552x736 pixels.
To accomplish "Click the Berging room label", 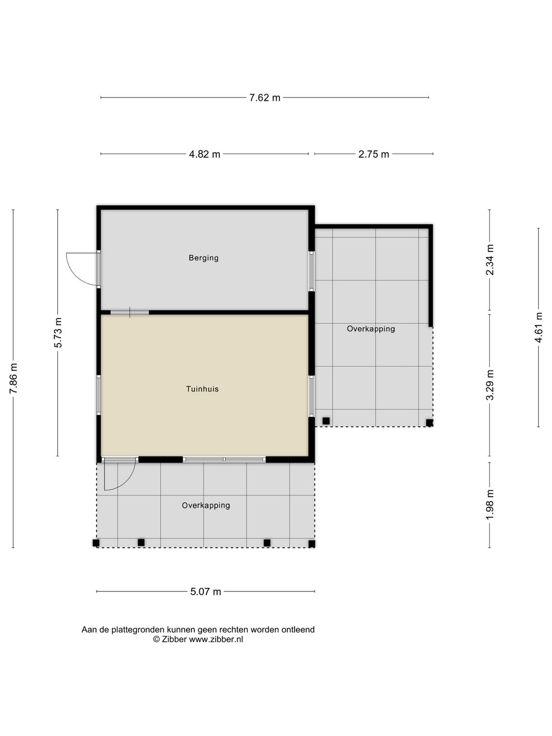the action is coord(203,258).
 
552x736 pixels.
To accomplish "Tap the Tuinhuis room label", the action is coord(202,389).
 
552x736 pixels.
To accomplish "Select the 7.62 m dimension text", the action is coord(264,98).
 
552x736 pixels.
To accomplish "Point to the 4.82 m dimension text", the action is coord(204,154).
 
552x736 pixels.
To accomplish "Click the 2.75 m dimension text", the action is coord(374,154).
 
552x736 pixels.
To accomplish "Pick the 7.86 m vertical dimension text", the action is coord(13,379).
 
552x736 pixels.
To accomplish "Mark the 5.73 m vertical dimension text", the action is coord(58,332).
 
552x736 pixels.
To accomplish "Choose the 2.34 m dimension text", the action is coord(490,260).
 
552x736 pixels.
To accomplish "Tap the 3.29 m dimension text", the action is coord(490,385).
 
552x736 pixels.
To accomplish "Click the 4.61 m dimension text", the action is coord(539,327).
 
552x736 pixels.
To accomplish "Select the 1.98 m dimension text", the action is coord(490,504).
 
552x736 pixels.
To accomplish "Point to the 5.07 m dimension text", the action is coord(205,591).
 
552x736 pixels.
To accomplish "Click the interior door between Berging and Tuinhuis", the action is coord(130,312).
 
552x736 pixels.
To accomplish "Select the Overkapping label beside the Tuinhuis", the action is coord(371,329).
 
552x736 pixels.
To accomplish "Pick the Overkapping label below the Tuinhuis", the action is coord(206,505).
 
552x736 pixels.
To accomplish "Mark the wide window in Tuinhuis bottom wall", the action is coord(224,459).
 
